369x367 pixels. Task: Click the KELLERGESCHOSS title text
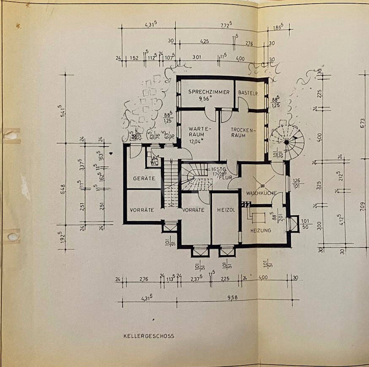point(149,336)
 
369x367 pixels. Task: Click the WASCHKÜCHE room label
point(261,193)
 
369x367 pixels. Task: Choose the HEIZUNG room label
point(261,231)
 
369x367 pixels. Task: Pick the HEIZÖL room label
point(225,210)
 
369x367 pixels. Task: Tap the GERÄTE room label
point(144,178)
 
